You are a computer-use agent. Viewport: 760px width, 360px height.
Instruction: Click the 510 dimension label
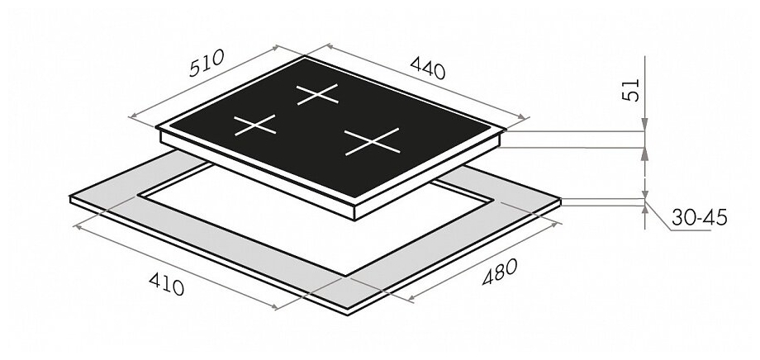point(207,63)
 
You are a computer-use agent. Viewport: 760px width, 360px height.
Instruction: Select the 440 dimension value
point(428,68)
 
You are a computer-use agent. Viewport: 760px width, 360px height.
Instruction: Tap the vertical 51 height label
point(631,90)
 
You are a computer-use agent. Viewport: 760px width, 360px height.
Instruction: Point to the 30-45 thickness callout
point(700,218)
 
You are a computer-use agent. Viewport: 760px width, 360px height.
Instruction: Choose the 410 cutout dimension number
point(167,283)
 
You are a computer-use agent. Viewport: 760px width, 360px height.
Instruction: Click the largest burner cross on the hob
point(373,141)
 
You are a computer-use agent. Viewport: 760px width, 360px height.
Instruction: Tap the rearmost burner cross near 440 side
point(317,94)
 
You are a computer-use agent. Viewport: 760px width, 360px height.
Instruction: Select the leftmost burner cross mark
point(255,125)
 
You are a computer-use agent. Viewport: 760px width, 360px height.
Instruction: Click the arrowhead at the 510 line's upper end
point(276,48)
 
